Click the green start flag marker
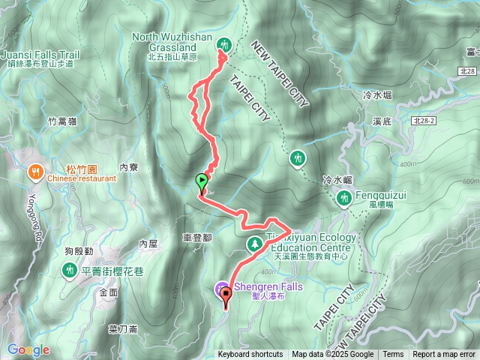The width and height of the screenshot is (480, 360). coord(201,180)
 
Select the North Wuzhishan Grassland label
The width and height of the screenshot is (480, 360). coord(172,41)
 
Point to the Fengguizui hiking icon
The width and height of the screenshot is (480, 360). coord(344,197)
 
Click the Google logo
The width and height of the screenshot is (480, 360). coord(28,350)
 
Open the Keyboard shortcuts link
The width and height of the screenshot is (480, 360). coord(250,355)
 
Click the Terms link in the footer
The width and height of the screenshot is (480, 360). coord(393,355)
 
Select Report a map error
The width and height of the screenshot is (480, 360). coord(445,355)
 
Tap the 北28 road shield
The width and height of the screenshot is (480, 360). coord(466,71)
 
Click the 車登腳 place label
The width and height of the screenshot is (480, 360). coord(196,236)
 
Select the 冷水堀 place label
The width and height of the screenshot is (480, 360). coord(377,95)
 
